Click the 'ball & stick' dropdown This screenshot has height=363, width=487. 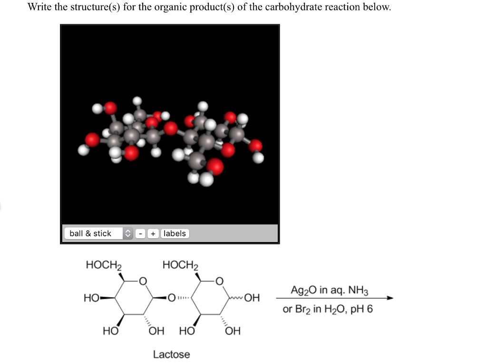pyautogui.click(x=98, y=233)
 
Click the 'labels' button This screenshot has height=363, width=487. pyautogui.click(x=175, y=233)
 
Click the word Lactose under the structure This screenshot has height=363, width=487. pyautogui.click(x=171, y=354)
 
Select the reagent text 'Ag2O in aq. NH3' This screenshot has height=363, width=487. pyautogui.click(x=329, y=291)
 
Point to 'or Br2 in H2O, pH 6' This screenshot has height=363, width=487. pyautogui.click(x=328, y=309)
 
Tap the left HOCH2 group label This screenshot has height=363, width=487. pyautogui.click(x=104, y=265)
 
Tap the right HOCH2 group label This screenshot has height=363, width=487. pyautogui.click(x=180, y=265)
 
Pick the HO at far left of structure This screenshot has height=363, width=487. pyautogui.click(x=90, y=299)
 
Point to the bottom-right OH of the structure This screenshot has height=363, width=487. pyautogui.click(x=233, y=331)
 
